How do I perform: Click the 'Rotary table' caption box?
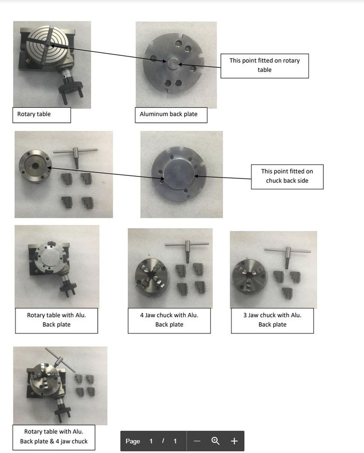41,115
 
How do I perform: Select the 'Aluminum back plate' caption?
171,115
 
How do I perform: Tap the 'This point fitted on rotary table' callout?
264,66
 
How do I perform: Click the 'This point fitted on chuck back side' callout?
287,176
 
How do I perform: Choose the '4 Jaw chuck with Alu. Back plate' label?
169,320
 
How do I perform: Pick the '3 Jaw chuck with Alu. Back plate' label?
272,320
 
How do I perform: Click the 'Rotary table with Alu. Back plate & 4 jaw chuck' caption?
54,437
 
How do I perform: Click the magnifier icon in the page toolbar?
215,441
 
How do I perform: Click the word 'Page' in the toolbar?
133,441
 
